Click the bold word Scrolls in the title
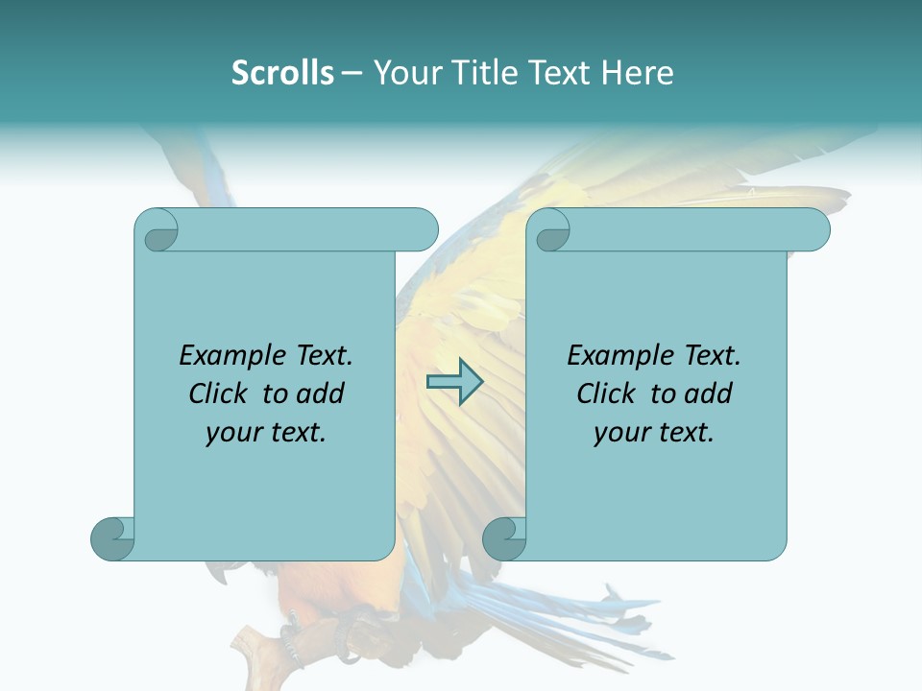[x=282, y=73]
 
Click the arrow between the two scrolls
[x=453, y=383]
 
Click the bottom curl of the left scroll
[x=112, y=537]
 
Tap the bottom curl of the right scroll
[x=504, y=537]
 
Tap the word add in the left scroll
[x=321, y=393]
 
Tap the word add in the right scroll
[x=709, y=393]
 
